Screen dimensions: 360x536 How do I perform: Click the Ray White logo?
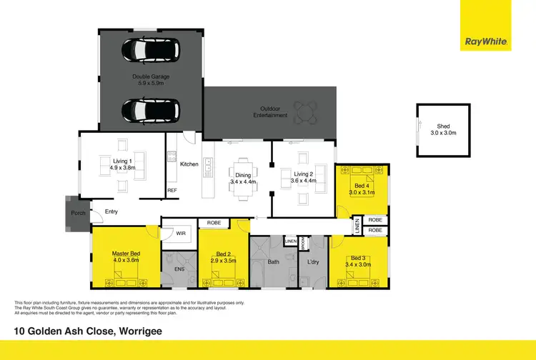coord(486,42)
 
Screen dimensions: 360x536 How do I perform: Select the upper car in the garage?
coord(150,50)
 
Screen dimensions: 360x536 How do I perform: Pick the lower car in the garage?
coord(150,110)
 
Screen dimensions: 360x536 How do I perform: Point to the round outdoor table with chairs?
coord(307,111)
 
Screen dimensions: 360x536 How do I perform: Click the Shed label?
coord(444,129)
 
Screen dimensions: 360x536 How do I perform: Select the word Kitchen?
coord(189,164)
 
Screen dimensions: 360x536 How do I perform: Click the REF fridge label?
coord(172,191)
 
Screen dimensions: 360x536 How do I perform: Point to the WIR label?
coord(180,232)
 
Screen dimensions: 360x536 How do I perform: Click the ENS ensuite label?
coord(179,269)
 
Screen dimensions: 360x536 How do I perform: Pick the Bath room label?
coord(273,262)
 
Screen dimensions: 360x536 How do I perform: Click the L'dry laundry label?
coord(312,262)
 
